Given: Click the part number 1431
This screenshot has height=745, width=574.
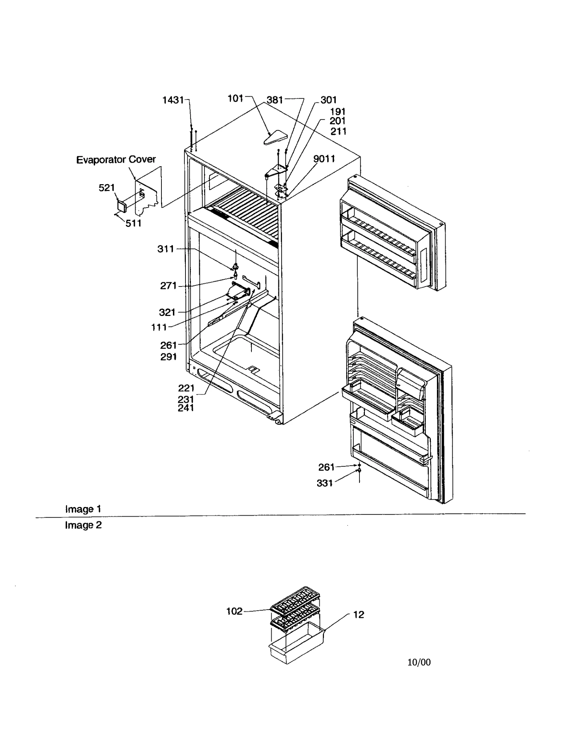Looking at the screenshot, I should pos(173,100).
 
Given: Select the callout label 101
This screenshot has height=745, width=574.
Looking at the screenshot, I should pos(235,98).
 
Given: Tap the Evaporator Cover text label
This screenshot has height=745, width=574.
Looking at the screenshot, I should pos(116,159).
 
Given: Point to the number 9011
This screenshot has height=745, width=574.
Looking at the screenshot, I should pos(324,159).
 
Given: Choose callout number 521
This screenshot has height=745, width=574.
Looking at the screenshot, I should pos(107,187).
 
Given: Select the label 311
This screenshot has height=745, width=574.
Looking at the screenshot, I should pos(166,249).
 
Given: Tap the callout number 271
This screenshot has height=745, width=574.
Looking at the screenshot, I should pos(168,286).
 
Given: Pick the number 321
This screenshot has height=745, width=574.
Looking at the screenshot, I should pos(167,312).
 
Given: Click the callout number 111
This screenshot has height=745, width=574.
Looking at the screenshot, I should pos(159,327).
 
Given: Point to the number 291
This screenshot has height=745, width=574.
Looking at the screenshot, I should pos(169,357).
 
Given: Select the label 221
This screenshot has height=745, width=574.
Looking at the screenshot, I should pos(186,388).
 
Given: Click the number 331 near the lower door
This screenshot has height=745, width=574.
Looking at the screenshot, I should pos(325,483).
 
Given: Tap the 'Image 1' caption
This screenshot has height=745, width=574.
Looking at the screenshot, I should pos(83,509).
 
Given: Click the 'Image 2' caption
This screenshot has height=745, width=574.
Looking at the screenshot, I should pos(83,525).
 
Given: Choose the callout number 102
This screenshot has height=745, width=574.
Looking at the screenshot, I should pos(234,611).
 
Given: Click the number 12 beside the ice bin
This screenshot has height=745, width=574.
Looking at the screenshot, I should pos(358,615).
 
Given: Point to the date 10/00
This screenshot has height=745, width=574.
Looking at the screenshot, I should pos(419,662).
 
